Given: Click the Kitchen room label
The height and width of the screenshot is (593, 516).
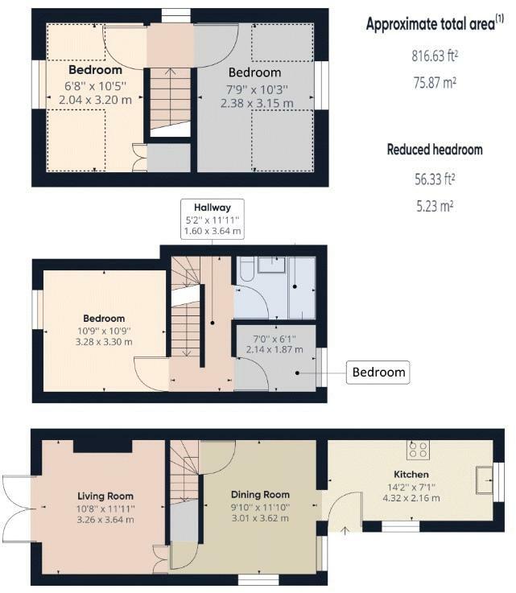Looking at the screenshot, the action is pyautogui.click(x=411, y=474).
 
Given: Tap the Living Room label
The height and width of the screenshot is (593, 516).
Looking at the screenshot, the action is pyautogui.click(x=105, y=496).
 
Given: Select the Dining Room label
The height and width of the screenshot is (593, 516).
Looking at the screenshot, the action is pyautogui.click(x=260, y=495).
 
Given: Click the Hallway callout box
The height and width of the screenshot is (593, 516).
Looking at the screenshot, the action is pyautogui.click(x=213, y=219).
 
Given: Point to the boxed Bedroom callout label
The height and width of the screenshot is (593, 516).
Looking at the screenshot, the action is pyautogui.click(x=378, y=373).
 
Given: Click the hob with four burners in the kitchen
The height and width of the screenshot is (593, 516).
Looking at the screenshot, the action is pyautogui.click(x=418, y=450).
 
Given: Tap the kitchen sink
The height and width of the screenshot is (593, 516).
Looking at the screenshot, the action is pyautogui.click(x=485, y=480).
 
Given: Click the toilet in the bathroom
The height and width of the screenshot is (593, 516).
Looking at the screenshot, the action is pyautogui.click(x=246, y=270).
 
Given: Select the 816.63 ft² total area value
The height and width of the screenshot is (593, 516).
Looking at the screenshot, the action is pyautogui.click(x=435, y=56).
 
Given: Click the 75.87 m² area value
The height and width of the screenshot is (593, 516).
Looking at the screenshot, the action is pyautogui.click(x=435, y=82).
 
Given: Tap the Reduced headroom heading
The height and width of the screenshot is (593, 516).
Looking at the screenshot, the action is pyautogui.click(x=435, y=150).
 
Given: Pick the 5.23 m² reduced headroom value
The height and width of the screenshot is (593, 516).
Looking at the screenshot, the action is pyautogui.click(x=435, y=206).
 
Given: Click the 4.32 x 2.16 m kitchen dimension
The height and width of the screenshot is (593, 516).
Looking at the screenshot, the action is pyautogui.click(x=411, y=498).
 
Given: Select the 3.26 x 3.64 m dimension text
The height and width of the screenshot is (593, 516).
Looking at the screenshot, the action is pyautogui.click(x=105, y=520).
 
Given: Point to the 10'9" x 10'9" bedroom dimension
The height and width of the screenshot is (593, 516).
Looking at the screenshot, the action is pyautogui.click(x=104, y=331).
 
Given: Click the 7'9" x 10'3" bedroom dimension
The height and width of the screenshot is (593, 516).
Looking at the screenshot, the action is pyautogui.click(x=257, y=90).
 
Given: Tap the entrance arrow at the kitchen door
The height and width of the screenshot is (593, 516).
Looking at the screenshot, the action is pyautogui.click(x=345, y=531).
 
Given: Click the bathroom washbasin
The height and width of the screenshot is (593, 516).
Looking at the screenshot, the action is pyautogui.click(x=271, y=265).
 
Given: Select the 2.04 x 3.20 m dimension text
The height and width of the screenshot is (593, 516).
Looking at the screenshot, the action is pyautogui.click(x=95, y=101).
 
